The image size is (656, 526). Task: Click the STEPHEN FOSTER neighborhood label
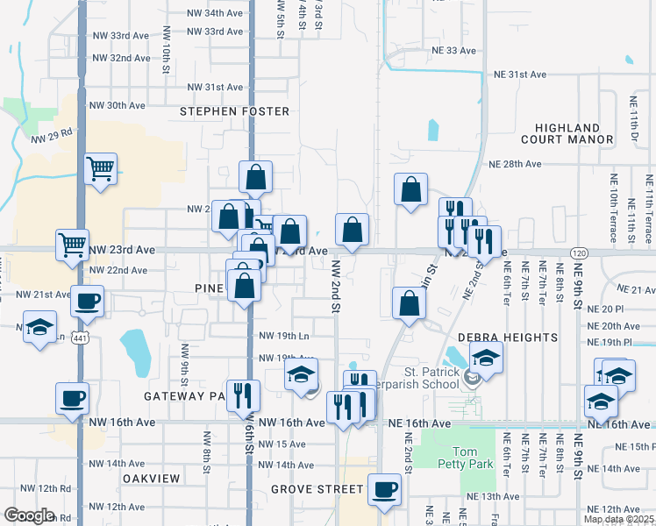(x=234, y=111)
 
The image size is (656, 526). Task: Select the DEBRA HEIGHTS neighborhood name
(x=508, y=338)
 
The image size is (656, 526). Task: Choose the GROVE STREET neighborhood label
(x=317, y=488)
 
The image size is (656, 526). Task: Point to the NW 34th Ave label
(x=216, y=14)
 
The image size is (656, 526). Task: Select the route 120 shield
(x=579, y=252)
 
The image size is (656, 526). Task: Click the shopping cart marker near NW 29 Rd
(x=101, y=167)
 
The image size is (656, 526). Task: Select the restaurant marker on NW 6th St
(x=240, y=394)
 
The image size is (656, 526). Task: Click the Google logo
(x=30, y=515)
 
